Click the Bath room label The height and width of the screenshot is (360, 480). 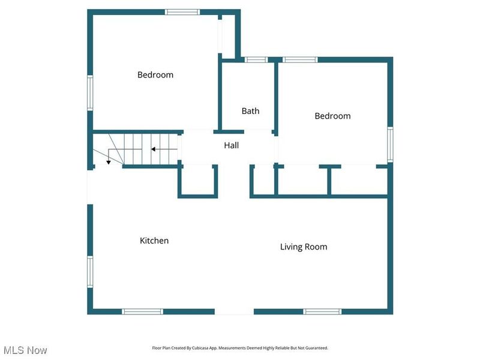[x=250, y=111]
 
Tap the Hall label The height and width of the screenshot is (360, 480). [x=231, y=145]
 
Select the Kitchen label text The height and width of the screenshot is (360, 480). [x=154, y=241]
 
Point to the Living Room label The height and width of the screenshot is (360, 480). [x=304, y=247]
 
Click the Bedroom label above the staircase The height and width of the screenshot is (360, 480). [x=155, y=75]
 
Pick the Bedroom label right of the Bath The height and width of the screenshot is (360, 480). [x=332, y=116]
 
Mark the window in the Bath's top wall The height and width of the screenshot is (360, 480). [x=256, y=59]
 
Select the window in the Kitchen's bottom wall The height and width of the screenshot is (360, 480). [x=142, y=311]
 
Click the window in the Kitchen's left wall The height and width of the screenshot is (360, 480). [x=90, y=272]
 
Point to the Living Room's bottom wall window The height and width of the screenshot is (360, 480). [x=322, y=311]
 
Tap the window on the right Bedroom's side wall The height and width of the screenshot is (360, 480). [x=390, y=144]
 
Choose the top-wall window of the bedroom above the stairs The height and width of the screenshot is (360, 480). [x=182, y=11]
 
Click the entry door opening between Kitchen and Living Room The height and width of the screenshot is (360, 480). [x=234, y=311]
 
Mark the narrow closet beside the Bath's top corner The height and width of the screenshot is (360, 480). [x=228, y=36]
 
